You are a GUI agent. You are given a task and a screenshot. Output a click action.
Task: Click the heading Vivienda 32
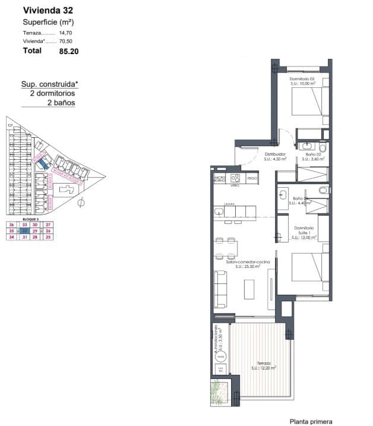(48, 10)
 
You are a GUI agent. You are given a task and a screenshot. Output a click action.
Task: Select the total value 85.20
(69, 51)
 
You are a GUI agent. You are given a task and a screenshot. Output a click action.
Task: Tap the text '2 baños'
(61, 102)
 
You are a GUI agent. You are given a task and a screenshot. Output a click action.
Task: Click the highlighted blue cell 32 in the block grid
(24, 231)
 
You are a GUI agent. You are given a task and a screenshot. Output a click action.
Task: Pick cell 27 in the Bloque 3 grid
(49, 225)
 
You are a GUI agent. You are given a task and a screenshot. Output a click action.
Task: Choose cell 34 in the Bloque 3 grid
(11, 237)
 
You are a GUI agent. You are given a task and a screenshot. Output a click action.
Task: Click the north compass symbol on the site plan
(81, 203)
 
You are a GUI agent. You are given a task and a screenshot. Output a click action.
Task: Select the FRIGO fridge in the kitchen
(252, 178)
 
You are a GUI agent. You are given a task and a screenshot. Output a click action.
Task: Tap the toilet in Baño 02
(323, 147)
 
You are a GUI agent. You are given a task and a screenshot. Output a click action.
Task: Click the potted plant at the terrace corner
(219, 393)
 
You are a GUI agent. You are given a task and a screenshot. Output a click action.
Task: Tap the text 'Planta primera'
(311, 421)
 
